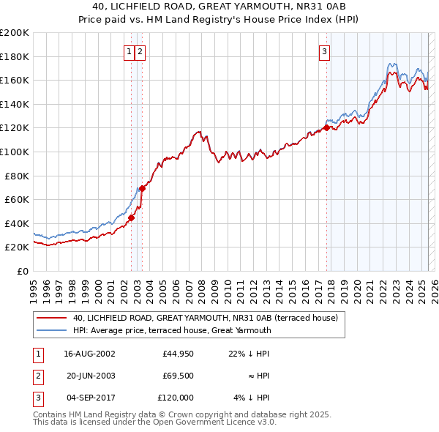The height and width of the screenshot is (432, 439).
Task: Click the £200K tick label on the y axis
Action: (15, 33)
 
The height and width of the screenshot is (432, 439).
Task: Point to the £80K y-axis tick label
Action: (17, 176)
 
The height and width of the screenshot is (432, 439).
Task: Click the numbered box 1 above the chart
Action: (129, 51)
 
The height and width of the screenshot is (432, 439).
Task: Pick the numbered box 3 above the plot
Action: (323, 51)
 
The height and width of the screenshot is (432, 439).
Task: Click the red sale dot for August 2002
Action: (132, 217)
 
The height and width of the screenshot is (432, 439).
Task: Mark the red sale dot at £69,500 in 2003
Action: (143, 188)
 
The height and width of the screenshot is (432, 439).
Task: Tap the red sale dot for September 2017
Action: (326, 128)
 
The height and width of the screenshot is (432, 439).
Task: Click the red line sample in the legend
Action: (52, 319)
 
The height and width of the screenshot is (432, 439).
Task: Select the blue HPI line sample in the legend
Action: (52, 330)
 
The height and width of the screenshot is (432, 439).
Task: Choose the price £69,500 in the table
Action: (178, 376)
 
